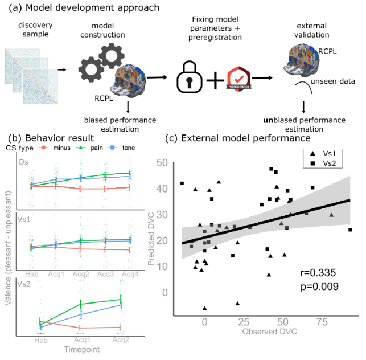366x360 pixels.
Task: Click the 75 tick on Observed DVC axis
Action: coord(324,322)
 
